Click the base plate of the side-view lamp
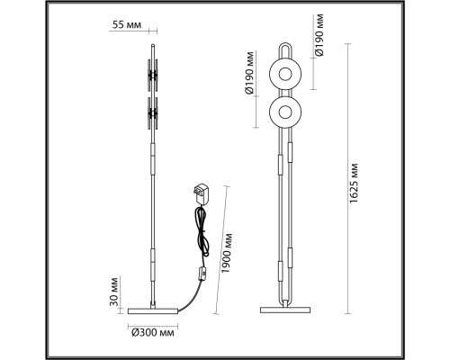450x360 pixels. [152, 307]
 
